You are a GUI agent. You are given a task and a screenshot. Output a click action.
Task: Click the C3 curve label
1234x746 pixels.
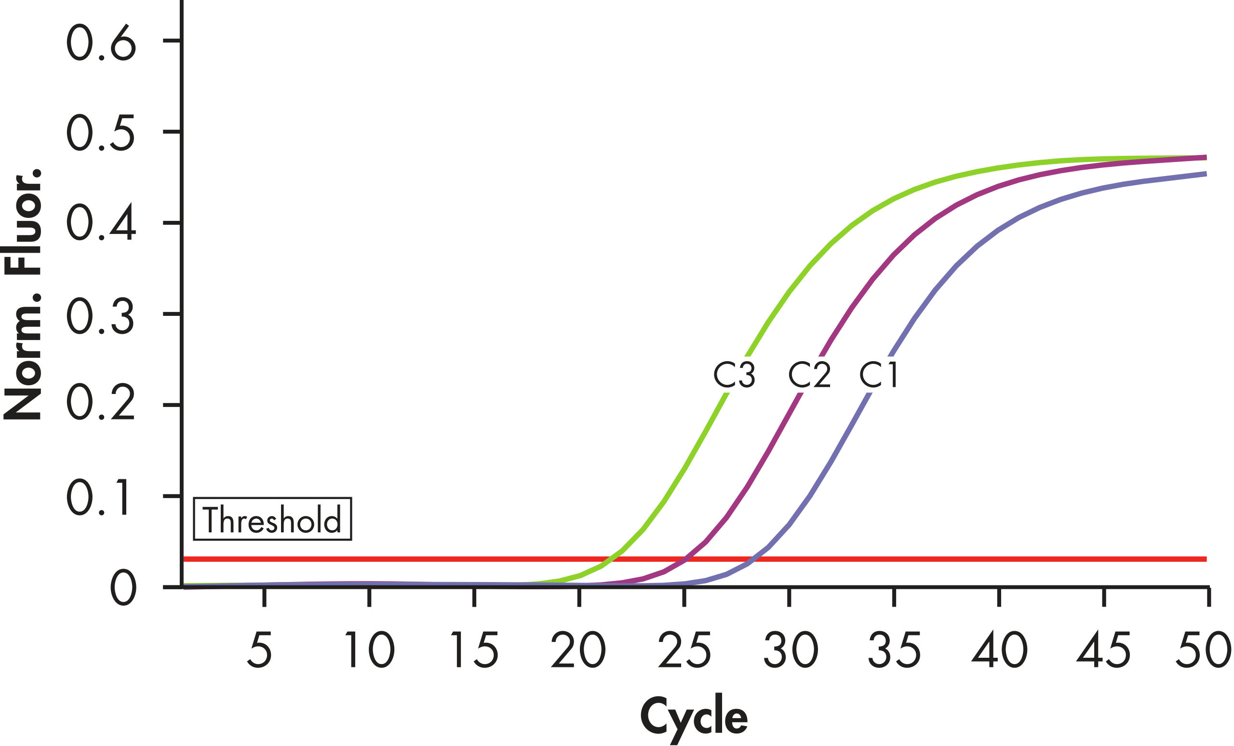click(x=734, y=375)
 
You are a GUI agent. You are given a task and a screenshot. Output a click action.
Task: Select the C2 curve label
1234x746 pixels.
click(x=809, y=375)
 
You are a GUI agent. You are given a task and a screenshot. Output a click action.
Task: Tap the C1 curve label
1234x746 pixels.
click(x=879, y=375)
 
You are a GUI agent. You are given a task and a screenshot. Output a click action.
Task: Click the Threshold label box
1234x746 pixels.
click(x=272, y=519)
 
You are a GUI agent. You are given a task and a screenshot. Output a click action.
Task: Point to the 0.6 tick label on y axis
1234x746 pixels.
click(x=101, y=42)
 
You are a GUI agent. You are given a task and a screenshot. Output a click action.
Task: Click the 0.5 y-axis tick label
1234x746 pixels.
click(x=101, y=133)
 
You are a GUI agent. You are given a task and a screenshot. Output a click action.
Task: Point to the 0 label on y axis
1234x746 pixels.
click(x=123, y=588)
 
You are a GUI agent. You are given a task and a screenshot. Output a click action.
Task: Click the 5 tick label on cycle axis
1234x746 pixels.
click(x=260, y=651)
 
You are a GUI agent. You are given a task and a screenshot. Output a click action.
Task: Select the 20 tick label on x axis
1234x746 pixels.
click(x=578, y=651)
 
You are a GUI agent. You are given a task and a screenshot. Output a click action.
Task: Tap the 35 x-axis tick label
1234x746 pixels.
click(x=894, y=651)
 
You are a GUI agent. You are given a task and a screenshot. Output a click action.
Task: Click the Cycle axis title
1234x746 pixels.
click(x=694, y=718)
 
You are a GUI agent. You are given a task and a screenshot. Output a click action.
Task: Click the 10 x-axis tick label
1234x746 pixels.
click(x=370, y=651)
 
